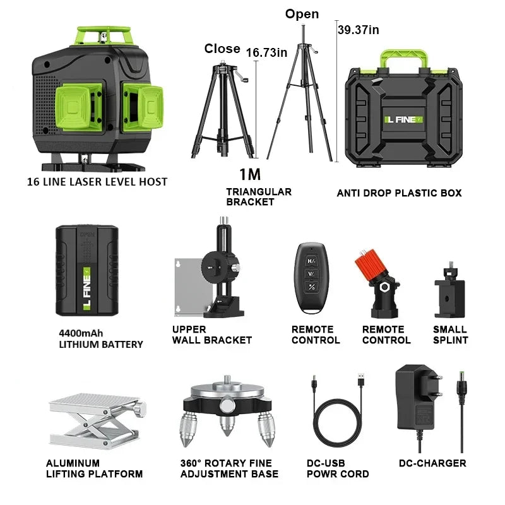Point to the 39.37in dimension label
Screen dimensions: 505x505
pos(359,30)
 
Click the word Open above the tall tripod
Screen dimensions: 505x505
pos(302,14)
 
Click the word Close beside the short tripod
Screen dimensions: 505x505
pos(222,49)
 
